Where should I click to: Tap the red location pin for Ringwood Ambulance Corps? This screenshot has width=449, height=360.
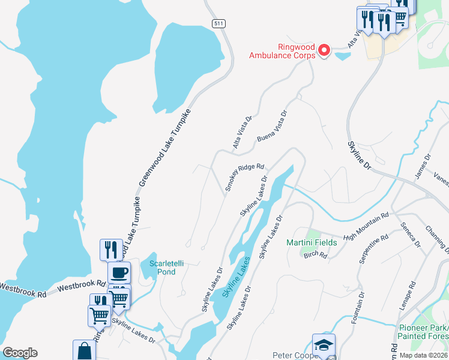(x=324, y=50)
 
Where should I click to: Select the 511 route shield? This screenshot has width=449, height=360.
(x=218, y=23)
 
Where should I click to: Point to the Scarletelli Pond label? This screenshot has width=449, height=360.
(x=162, y=267)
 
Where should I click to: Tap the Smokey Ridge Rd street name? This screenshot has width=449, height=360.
(x=245, y=178)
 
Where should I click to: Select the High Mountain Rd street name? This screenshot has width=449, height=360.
(x=366, y=226)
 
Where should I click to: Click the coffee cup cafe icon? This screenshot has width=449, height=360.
(x=119, y=273)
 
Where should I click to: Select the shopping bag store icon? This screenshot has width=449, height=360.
(x=84, y=351)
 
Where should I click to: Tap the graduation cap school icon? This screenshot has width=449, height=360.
(x=324, y=346)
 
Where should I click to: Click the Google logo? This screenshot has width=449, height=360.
(x=20, y=353)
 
